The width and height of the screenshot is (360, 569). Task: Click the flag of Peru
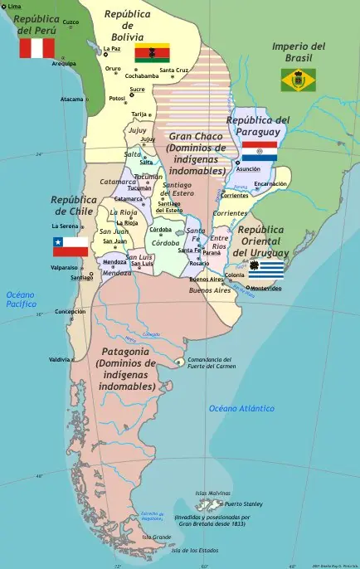coord(36,48)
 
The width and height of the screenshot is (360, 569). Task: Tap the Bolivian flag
coord(152,53)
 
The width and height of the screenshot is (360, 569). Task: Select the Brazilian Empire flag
coord(298,80)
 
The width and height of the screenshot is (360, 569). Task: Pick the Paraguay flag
coord(259,151)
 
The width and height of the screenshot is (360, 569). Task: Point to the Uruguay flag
coord(265,268)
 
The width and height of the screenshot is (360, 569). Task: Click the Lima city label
coord(14,6)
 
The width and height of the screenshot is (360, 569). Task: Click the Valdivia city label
coord(60,360)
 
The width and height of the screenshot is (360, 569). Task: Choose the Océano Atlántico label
coord(241,408)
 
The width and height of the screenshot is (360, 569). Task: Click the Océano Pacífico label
coord(22,299)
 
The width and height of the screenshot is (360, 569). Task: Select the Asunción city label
coord(247,169)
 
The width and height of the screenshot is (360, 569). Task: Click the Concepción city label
coord(70,312)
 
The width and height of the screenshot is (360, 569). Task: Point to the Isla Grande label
coord(157,537)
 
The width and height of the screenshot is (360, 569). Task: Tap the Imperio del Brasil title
coord(299,51)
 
